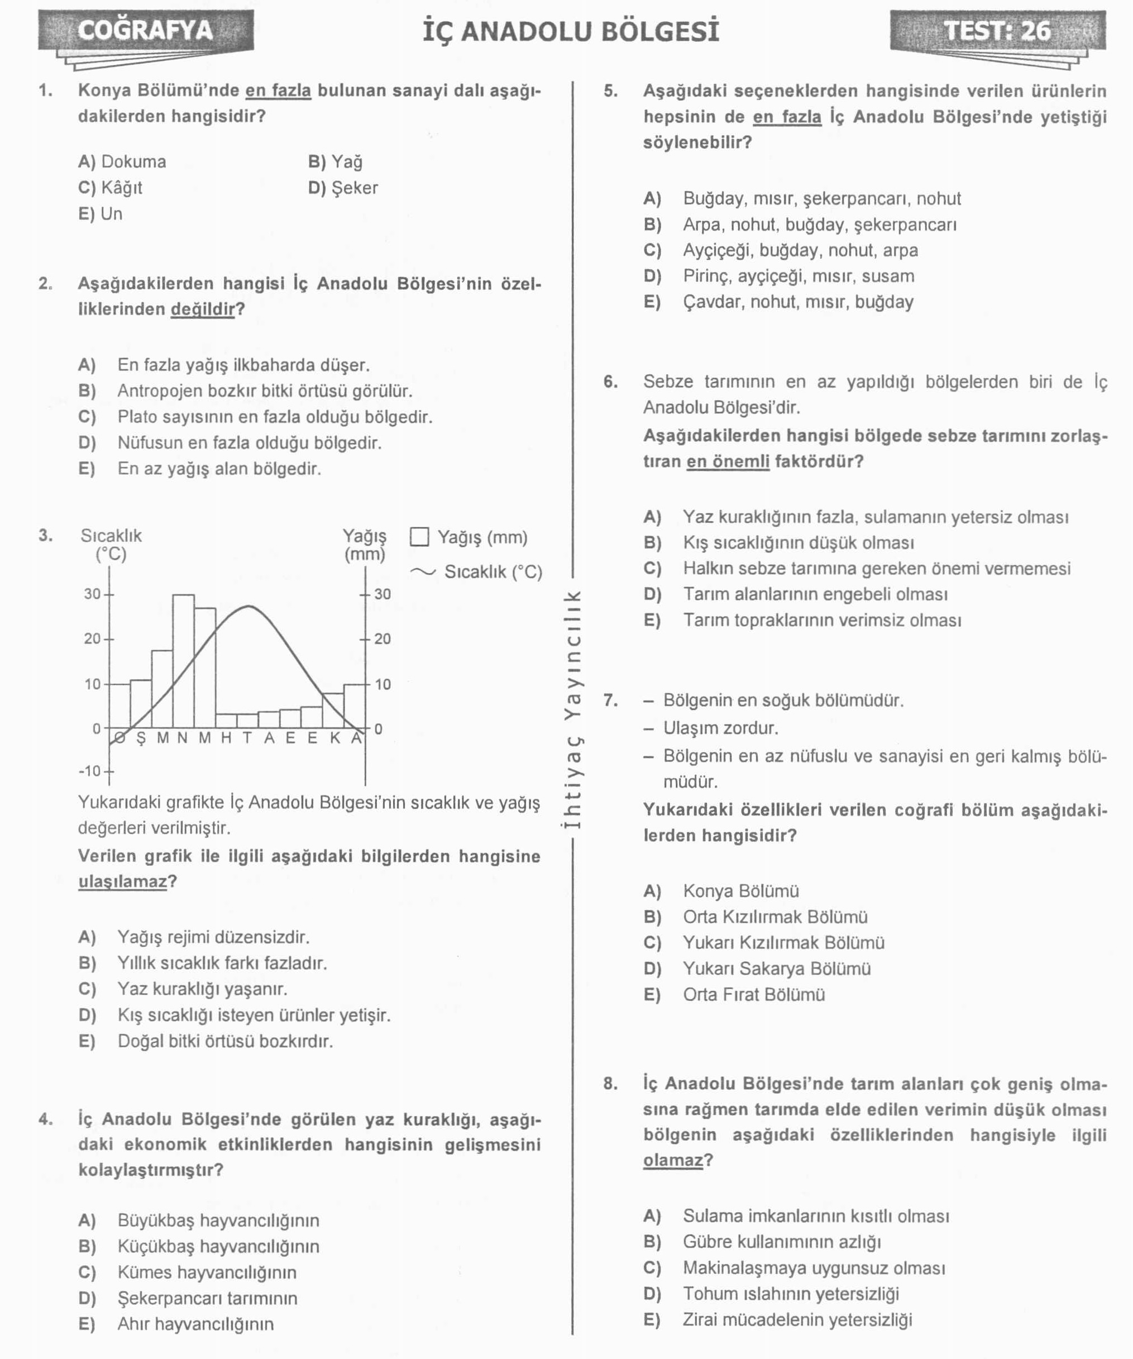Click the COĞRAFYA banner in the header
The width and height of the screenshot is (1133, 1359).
(146, 30)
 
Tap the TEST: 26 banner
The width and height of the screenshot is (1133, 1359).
(997, 30)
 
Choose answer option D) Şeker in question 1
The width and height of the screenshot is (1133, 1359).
(343, 188)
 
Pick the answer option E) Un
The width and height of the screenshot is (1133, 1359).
(101, 214)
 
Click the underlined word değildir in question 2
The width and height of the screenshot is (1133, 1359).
(203, 309)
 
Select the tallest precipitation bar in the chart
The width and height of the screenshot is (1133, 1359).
(183, 660)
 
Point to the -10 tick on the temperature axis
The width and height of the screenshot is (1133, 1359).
(109, 771)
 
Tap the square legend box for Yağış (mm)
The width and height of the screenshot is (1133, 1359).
(419, 537)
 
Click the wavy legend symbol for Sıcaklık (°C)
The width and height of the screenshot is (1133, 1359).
(423, 571)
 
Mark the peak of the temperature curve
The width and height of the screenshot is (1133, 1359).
(249, 607)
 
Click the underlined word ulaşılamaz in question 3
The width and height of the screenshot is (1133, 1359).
(123, 882)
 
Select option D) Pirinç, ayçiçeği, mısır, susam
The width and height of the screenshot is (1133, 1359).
(778, 276)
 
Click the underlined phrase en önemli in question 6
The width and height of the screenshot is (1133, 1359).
(728, 461)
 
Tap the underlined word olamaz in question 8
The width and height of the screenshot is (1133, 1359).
(672, 1160)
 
